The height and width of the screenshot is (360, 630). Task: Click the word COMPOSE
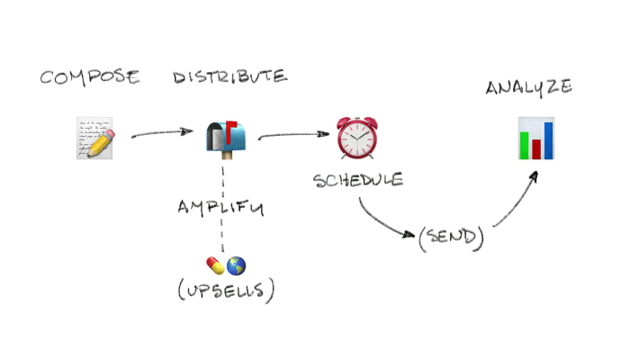90,76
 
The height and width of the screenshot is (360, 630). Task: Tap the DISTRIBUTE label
230,76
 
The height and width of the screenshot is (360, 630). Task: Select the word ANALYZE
529,87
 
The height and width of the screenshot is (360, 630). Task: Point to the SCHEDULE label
357,180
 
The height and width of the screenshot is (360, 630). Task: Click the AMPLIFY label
220,207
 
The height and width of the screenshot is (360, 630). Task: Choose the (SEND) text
451,238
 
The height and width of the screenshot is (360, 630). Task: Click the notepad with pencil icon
96,138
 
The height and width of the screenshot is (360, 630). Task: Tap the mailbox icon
222,139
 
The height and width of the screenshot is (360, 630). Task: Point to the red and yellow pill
216,265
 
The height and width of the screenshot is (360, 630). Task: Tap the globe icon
237,265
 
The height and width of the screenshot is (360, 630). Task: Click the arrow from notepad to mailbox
162,134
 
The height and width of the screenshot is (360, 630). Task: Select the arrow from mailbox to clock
293,136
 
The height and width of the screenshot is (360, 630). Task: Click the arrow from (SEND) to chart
517,202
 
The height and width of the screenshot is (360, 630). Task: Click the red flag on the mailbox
231,127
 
